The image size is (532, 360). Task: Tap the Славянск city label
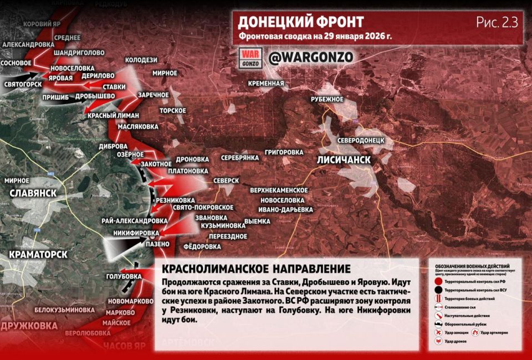tap(33, 192)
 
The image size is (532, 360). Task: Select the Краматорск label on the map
tap(38, 254)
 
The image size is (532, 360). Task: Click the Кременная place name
tap(266, 84)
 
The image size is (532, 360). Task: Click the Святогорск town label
tap(23, 84)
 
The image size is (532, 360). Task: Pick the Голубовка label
tap(124, 276)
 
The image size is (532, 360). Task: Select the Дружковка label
tap(29, 325)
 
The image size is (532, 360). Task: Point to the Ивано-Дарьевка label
tap(285, 209)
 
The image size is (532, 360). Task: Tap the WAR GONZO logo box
tap(250, 58)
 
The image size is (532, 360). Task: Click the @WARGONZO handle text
tap(310, 58)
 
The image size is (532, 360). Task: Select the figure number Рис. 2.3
tap(497, 22)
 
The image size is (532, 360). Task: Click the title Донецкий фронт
tap(301, 22)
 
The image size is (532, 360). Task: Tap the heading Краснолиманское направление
tap(256, 269)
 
